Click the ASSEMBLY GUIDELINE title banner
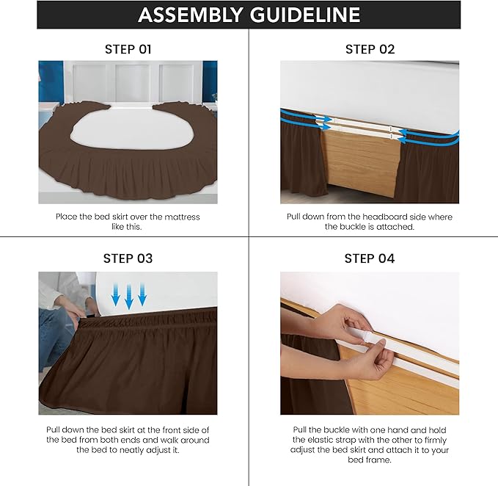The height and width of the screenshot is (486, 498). click(x=249, y=15)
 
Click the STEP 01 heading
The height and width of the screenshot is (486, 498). click(x=128, y=49)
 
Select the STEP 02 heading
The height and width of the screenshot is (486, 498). click(x=370, y=49)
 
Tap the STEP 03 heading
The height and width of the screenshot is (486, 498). click(x=128, y=258)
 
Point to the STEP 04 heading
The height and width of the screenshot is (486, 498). click(x=370, y=258)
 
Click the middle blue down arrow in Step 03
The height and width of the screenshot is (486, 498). click(x=128, y=296)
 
